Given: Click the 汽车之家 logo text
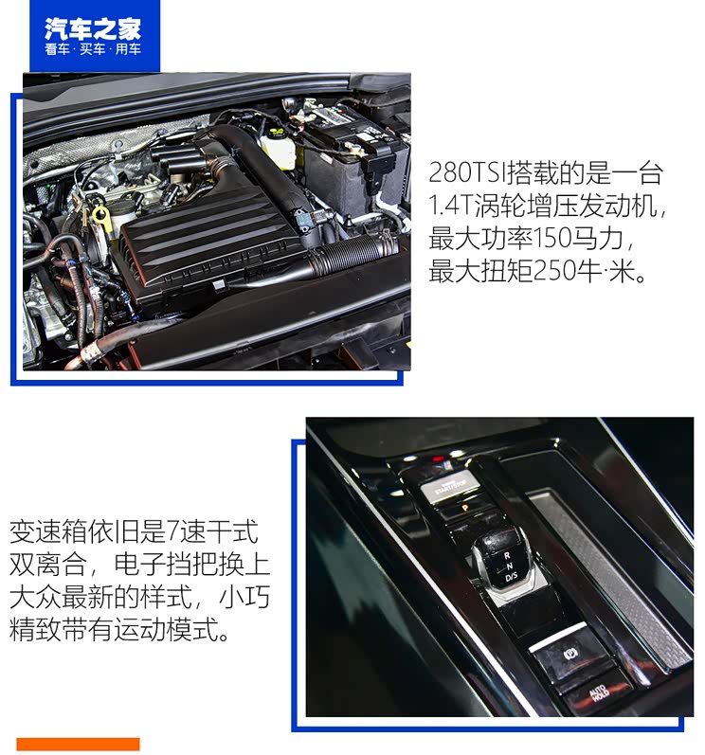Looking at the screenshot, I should click(x=92, y=27).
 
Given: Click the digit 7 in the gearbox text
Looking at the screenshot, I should click(x=185, y=531).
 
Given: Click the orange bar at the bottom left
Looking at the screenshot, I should click(x=78, y=744).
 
